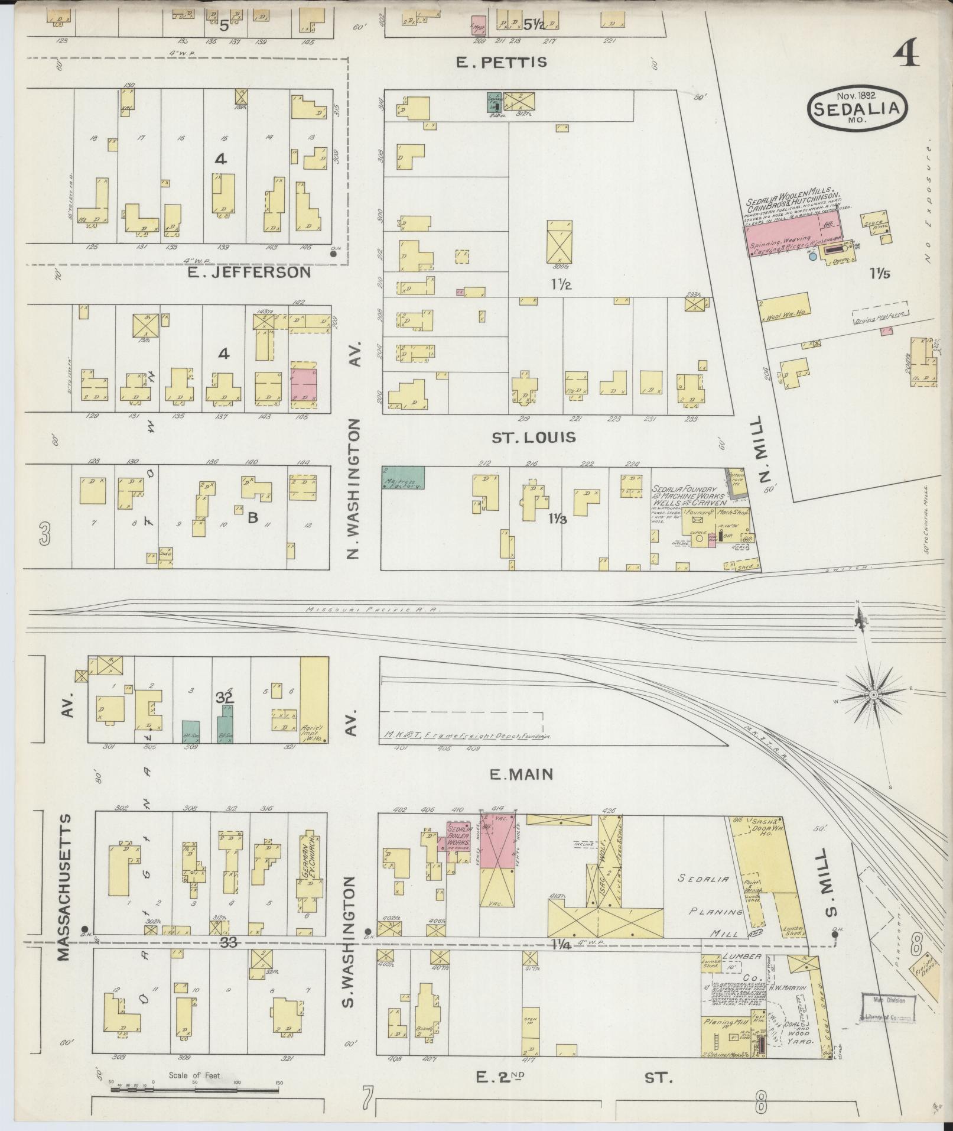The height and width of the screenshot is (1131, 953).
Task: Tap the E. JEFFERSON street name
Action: tap(249, 272)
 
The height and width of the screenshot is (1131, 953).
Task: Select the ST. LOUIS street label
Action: tap(534, 438)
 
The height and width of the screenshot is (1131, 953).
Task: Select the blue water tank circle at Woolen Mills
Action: tap(813, 257)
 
